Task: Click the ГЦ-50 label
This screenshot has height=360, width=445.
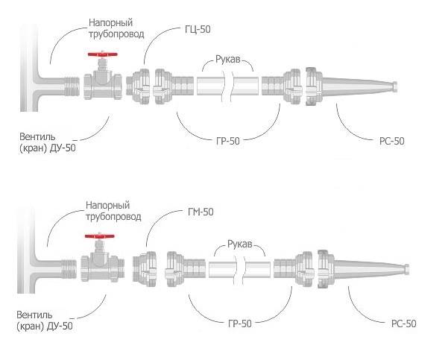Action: tap(198, 29)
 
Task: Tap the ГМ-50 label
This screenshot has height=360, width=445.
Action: tap(201, 212)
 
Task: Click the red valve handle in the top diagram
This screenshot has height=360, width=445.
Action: tap(102, 54)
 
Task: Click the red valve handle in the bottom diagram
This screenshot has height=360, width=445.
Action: tap(100, 236)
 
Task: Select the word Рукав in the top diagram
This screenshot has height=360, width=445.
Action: tap(228, 60)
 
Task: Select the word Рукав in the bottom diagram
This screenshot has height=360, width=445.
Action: tap(240, 244)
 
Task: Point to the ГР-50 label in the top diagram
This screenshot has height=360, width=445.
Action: tap(228, 141)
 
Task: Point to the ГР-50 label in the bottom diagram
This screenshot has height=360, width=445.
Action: tap(240, 323)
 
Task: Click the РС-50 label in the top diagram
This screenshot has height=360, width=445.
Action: tap(391, 141)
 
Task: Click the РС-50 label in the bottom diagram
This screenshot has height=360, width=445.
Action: tap(403, 323)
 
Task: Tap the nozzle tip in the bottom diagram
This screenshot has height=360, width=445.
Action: tap(406, 268)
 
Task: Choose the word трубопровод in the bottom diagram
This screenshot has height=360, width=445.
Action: tap(113, 217)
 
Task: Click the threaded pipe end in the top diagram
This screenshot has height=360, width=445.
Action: tap(72, 86)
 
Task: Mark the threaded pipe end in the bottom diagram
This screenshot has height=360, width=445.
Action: tap(69, 269)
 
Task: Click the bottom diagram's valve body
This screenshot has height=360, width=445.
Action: tap(103, 268)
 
